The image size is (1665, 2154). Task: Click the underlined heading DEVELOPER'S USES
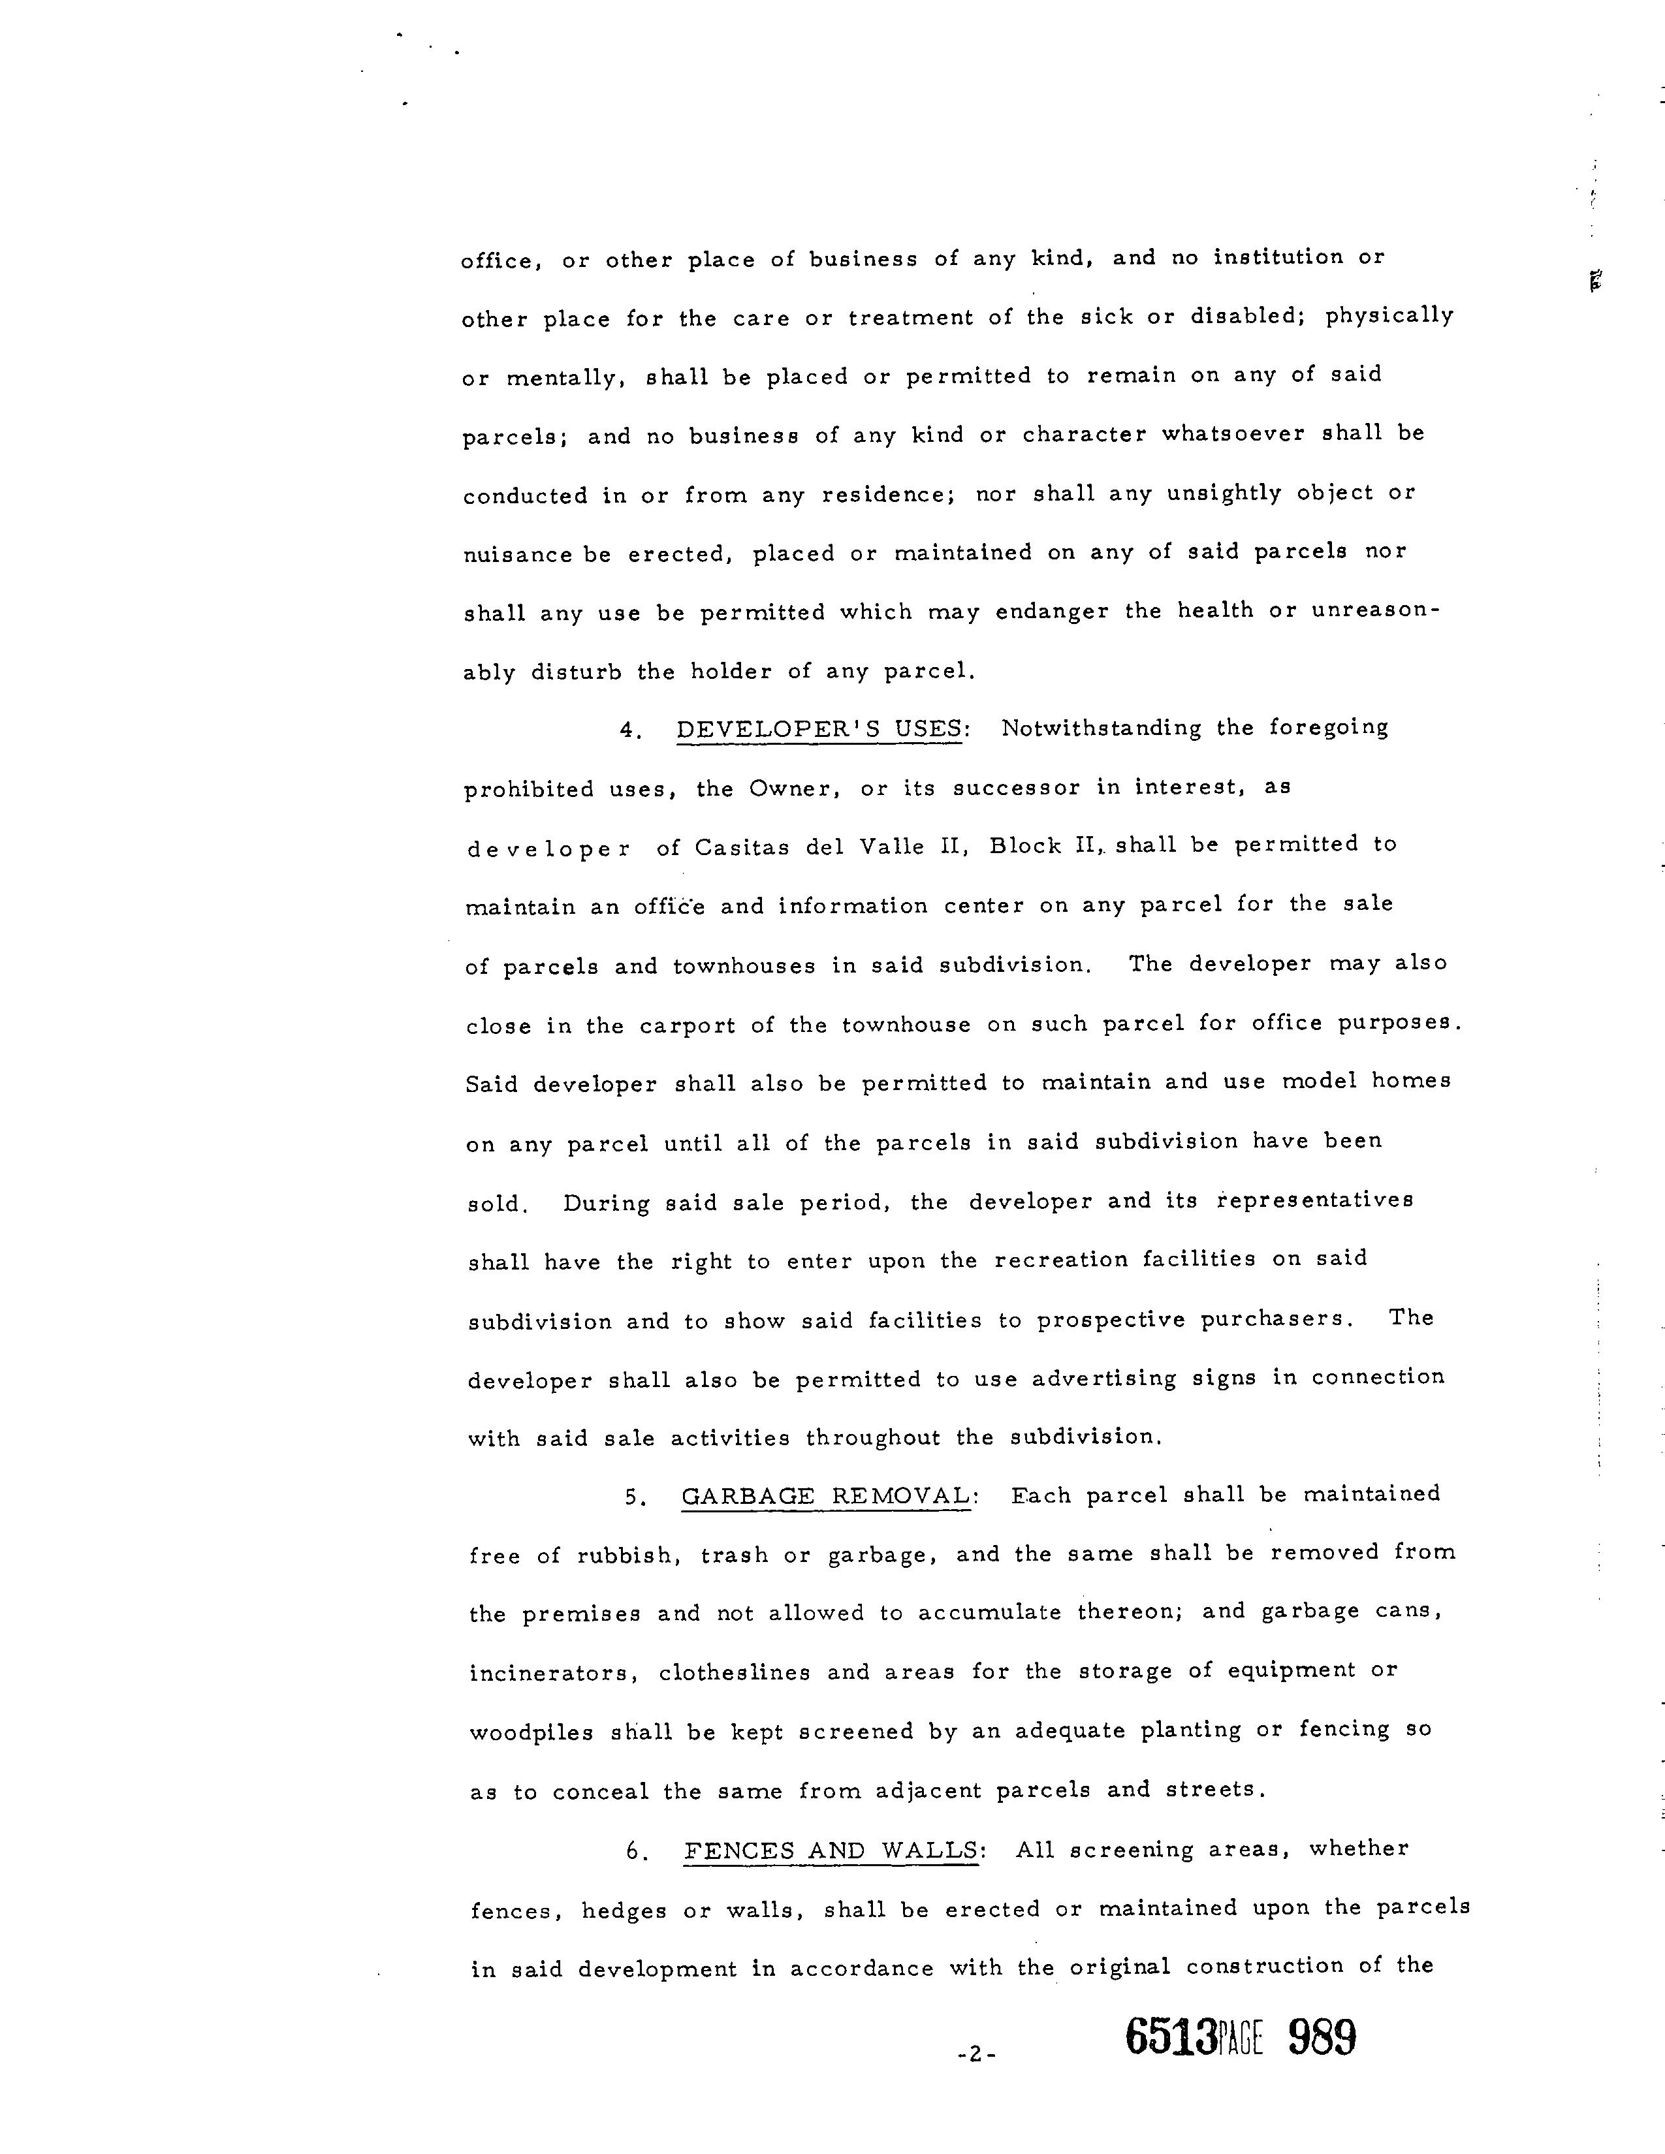tap(819, 730)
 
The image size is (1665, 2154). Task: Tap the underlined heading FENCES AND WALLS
tap(831, 1850)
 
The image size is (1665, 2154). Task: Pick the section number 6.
tap(636, 1852)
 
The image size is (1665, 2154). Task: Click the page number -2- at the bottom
tap(977, 2055)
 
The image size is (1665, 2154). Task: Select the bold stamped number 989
tap(1322, 2038)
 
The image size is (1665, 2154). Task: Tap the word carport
tap(688, 1025)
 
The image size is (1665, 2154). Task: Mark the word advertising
tap(1103, 1379)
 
